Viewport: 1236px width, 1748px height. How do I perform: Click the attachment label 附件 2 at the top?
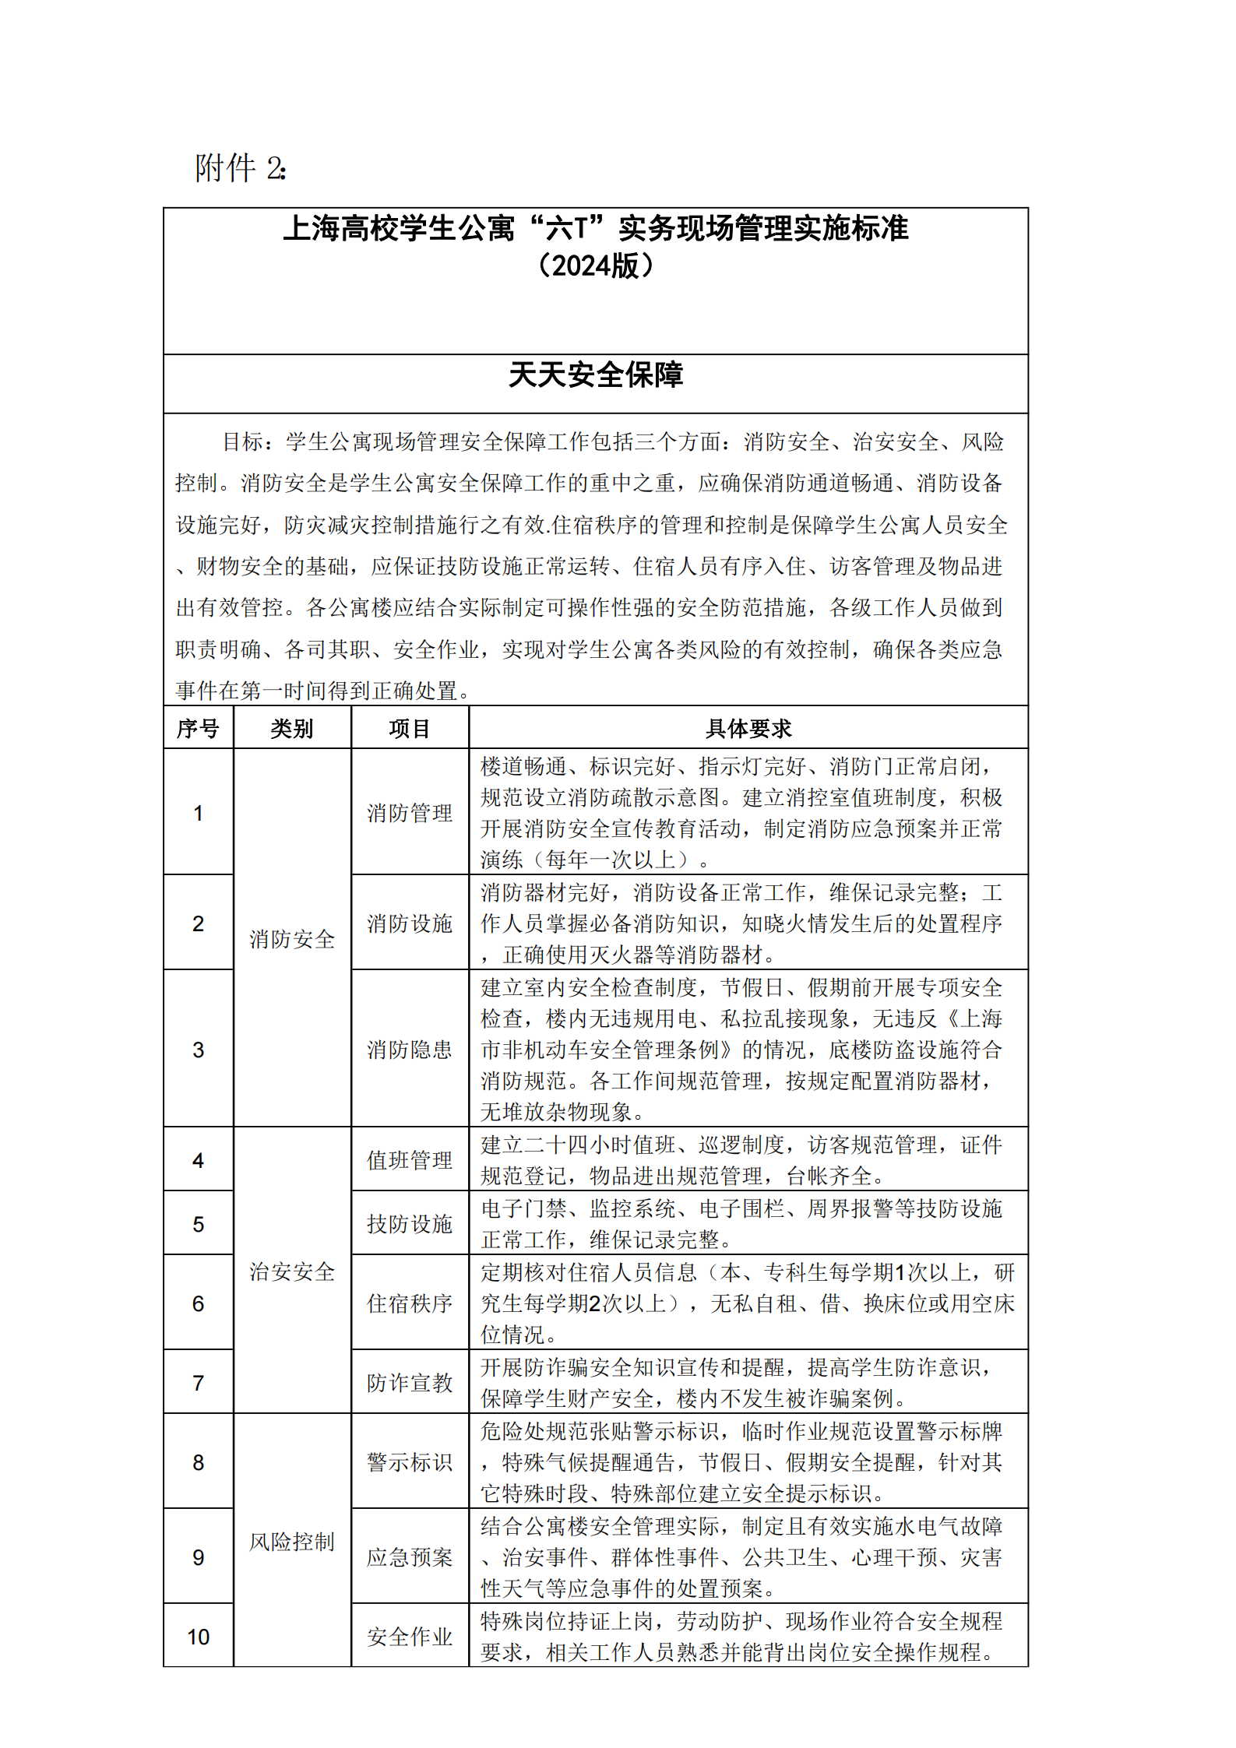(x=240, y=168)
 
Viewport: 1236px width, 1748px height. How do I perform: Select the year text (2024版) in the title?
(x=595, y=266)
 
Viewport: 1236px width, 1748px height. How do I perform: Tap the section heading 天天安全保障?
(x=595, y=375)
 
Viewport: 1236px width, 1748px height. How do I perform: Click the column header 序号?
(x=198, y=729)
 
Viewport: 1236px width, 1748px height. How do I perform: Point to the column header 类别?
(x=292, y=729)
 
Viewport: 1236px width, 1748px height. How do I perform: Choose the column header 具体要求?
(x=748, y=729)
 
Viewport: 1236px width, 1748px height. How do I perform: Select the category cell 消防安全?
(x=292, y=939)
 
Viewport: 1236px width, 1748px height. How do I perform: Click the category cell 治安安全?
(x=292, y=1271)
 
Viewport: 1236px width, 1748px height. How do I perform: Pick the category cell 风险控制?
(x=292, y=1542)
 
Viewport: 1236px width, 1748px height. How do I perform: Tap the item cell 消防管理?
(x=410, y=813)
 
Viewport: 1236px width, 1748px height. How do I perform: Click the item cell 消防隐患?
(x=410, y=1050)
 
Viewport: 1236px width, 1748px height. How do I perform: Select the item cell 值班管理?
(x=410, y=1160)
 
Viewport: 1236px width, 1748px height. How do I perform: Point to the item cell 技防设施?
(x=410, y=1224)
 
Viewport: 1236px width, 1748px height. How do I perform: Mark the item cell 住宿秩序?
(x=410, y=1303)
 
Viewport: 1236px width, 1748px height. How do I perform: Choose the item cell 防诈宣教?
(x=410, y=1383)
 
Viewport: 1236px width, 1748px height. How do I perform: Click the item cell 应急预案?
(x=410, y=1557)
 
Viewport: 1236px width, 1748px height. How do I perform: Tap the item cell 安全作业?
(x=410, y=1637)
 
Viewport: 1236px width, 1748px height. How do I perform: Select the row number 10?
(x=198, y=1637)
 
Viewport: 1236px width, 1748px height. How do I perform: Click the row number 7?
(x=198, y=1383)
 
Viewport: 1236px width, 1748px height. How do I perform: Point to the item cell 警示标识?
(x=410, y=1462)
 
